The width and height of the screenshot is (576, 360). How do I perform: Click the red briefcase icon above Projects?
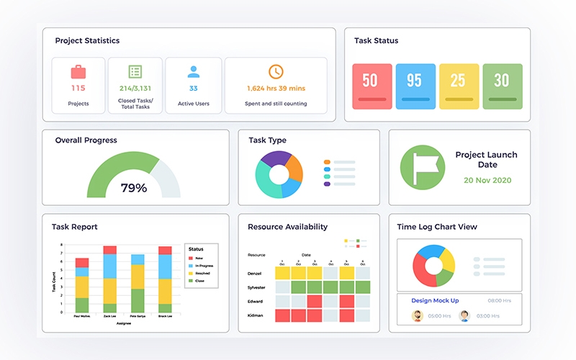coord(78,71)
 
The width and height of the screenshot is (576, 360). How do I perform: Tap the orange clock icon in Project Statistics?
coord(276,71)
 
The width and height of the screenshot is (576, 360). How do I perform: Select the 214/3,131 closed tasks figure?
coord(135,89)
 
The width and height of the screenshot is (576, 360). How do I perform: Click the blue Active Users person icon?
coord(193,71)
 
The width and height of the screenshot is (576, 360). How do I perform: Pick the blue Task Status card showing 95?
coord(415,86)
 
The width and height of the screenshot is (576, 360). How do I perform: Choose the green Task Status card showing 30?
coord(502,86)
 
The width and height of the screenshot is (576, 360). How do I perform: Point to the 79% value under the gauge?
coord(133,188)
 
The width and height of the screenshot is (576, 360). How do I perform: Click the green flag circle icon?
coord(423,167)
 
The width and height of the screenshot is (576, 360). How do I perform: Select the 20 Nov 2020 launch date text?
coord(487,180)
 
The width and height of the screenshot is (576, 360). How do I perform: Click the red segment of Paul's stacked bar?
coord(83,263)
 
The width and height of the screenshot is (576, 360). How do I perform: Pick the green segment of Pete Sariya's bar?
coord(138,300)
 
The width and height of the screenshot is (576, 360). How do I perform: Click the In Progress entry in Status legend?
coord(203,266)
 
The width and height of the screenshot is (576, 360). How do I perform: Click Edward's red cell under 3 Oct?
coord(315,301)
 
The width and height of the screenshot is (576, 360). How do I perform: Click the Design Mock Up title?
coord(435,300)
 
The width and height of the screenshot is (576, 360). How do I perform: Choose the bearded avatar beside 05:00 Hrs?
coord(417,315)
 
